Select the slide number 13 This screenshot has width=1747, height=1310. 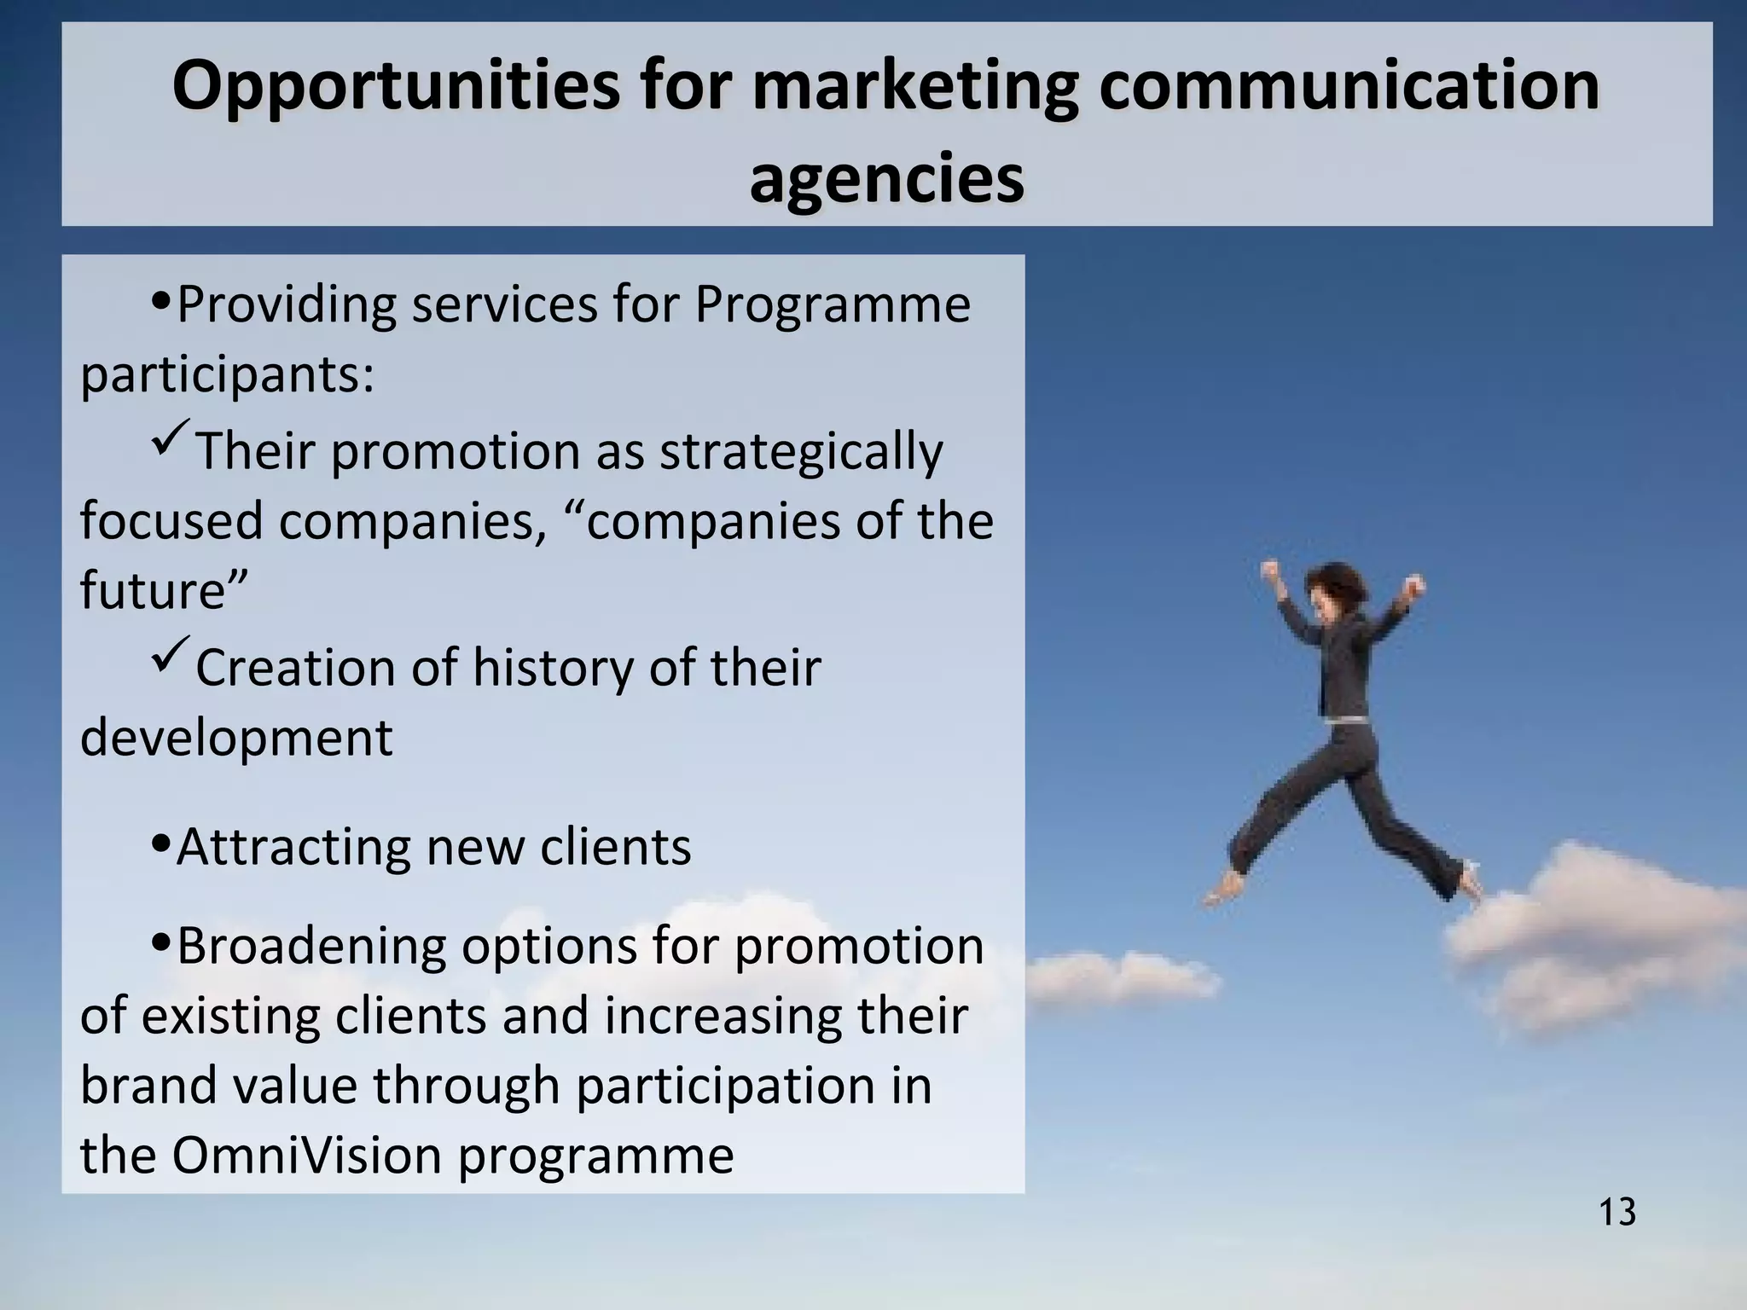tap(1616, 1212)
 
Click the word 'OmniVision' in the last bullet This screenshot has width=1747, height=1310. tap(308, 1155)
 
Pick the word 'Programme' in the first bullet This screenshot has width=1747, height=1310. tap(833, 304)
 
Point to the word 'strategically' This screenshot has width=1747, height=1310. tap(801, 451)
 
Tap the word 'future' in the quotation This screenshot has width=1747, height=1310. tap(154, 590)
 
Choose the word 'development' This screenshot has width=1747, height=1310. tap(236, 738)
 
